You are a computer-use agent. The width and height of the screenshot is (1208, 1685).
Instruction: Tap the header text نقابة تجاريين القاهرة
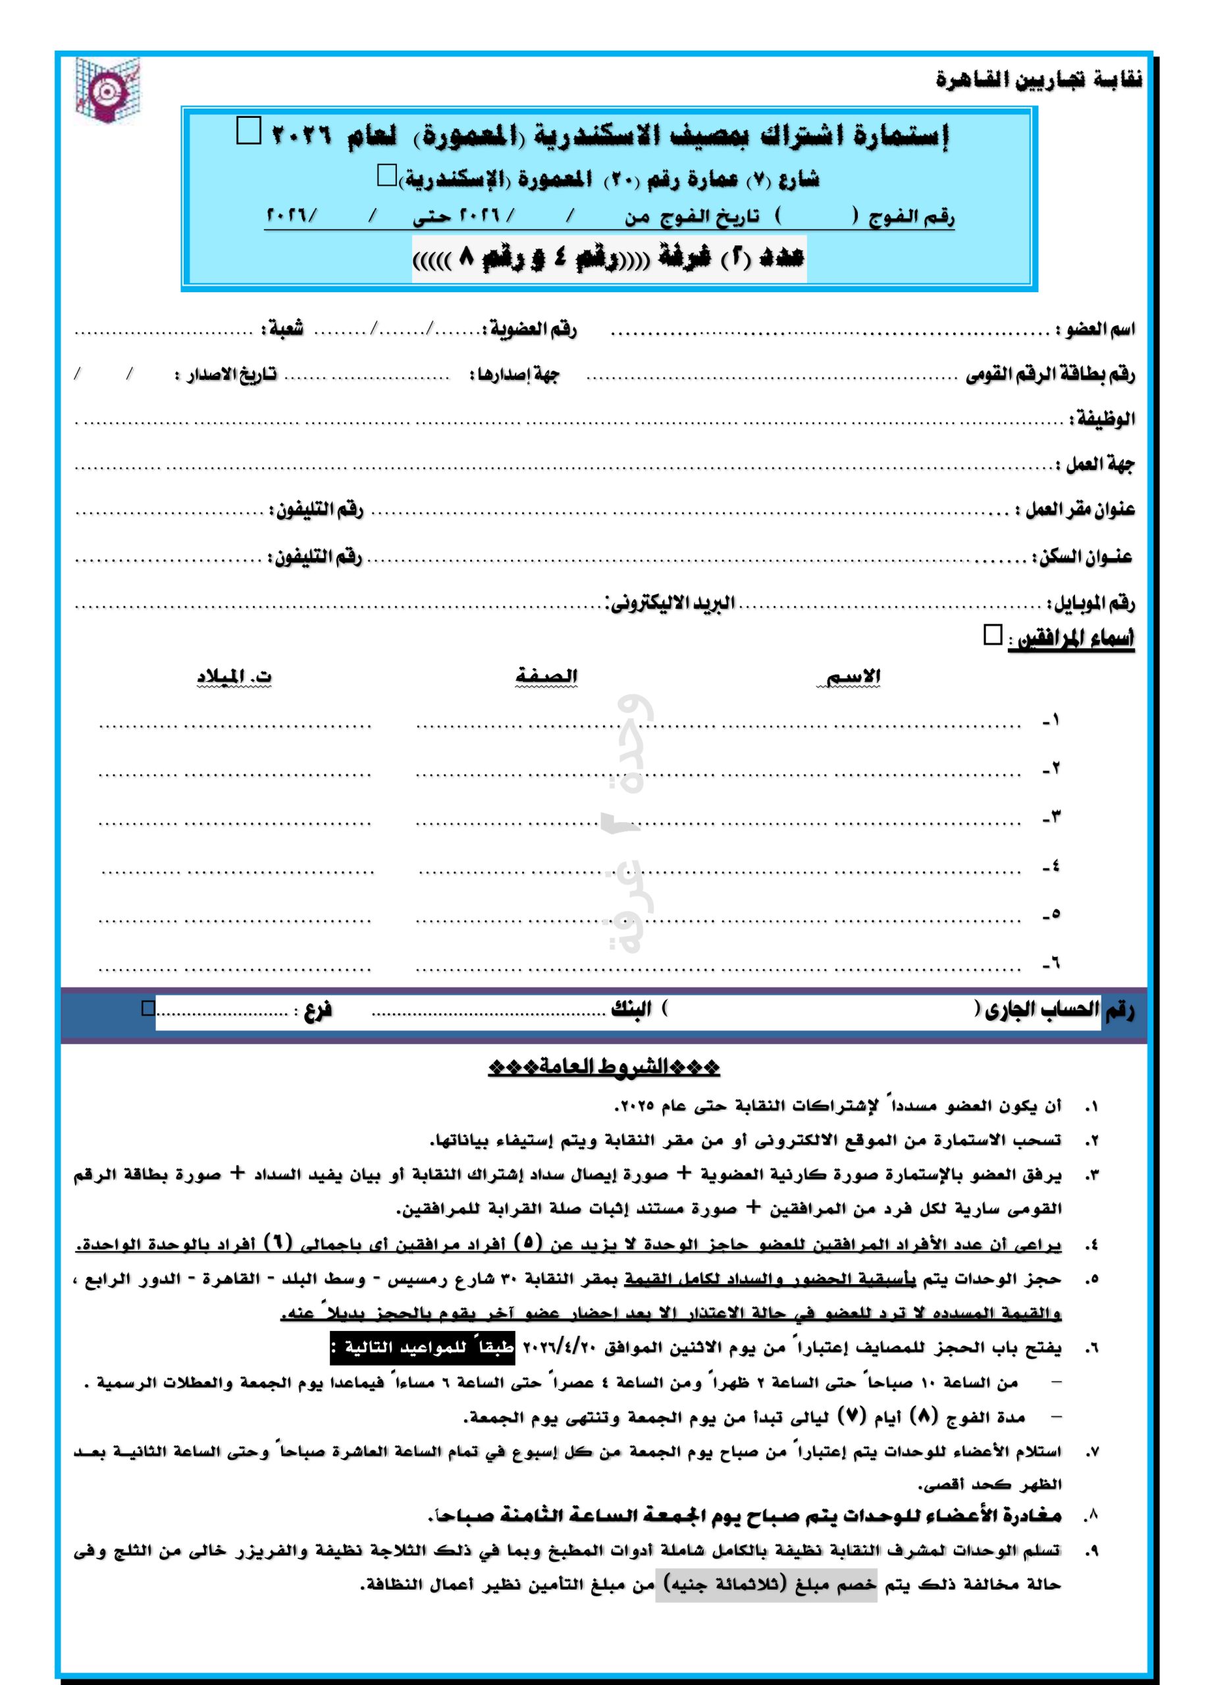pos(1038,80)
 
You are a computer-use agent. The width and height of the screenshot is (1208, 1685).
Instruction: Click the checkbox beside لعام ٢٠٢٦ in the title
pos(247,132)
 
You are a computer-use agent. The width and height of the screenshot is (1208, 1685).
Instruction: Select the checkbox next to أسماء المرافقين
pos(992,635)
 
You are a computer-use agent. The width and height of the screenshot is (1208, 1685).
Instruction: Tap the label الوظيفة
pos(1102,419)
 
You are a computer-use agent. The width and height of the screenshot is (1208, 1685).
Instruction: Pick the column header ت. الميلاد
pos(233,677)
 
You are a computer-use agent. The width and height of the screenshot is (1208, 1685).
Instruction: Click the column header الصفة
pos(547,677)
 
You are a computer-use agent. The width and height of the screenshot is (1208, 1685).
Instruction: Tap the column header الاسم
pos(854,677)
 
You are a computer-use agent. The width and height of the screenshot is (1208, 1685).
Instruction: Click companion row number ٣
pos(1052,819)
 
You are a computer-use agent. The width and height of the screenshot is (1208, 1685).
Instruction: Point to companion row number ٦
pos(1052,964)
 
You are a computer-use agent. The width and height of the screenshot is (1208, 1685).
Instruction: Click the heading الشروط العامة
pos(604,1068)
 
